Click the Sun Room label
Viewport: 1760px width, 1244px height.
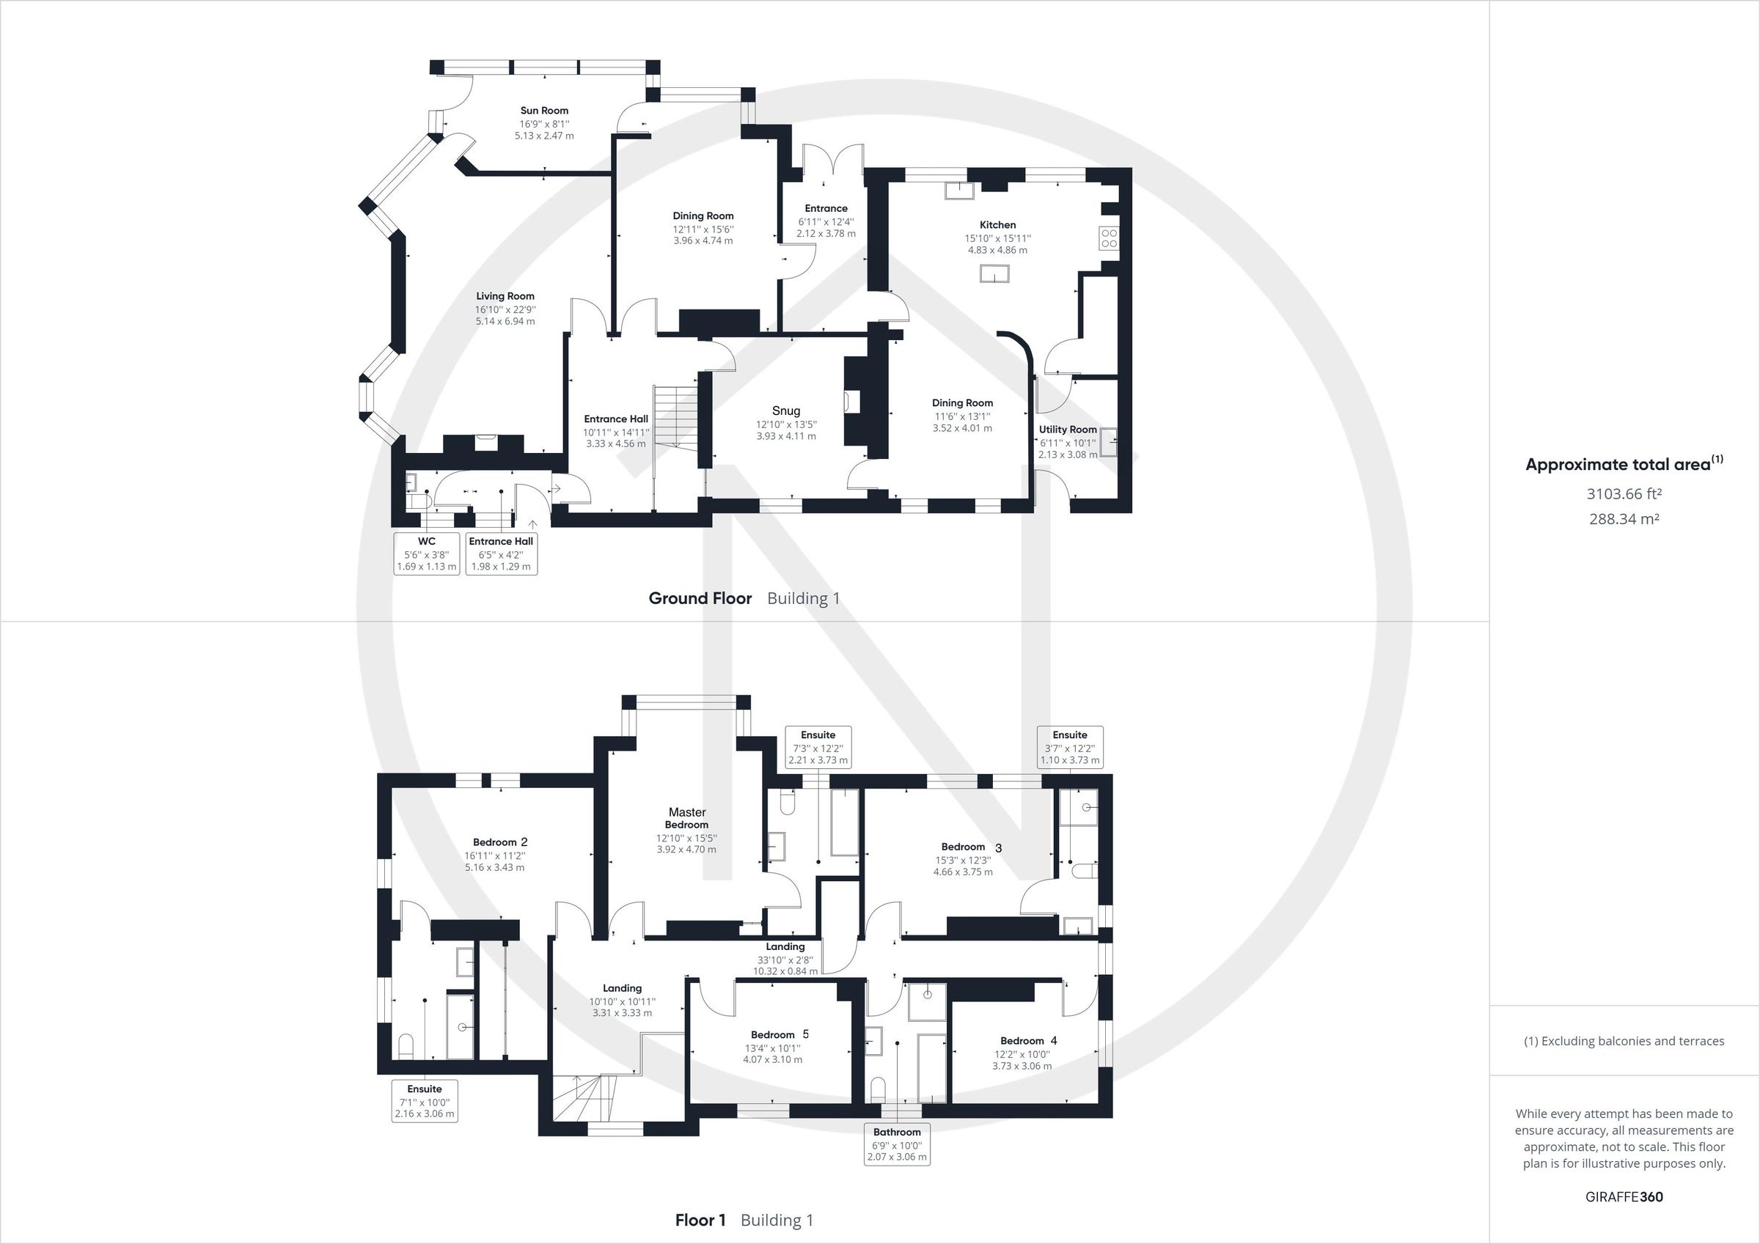(x=544, y=111)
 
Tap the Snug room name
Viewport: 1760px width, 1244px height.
(x=785, y=411)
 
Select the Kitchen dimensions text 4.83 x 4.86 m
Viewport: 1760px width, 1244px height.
(x=997, y=250)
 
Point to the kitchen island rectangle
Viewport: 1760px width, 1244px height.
(x=994, y=273)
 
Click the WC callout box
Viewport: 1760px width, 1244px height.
(x=426, y=553)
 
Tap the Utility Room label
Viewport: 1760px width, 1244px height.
(x=1067, y=430)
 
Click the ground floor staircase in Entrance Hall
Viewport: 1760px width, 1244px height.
(x=667, y=418)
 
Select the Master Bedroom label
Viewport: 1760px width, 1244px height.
(x=687, y=818)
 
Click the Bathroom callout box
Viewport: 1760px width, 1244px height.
(x=897, y=1144)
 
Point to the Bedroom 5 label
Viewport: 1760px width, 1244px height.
(x=780, y=1034)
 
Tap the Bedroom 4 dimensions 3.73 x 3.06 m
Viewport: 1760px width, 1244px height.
(x=1022, y=1065)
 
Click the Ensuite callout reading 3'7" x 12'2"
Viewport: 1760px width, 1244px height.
(x=1069, y=747)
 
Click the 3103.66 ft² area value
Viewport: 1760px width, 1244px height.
(x=1624, y=494)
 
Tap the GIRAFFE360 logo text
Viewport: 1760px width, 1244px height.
(x=1624, y=1196)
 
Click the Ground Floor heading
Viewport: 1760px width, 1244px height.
(x=700, y=599)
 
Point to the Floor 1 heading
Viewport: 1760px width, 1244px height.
(x=700, y=1221)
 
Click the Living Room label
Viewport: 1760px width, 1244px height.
(x=505, y=296)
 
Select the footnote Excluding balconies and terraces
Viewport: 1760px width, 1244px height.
(x=1624, y=1041)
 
